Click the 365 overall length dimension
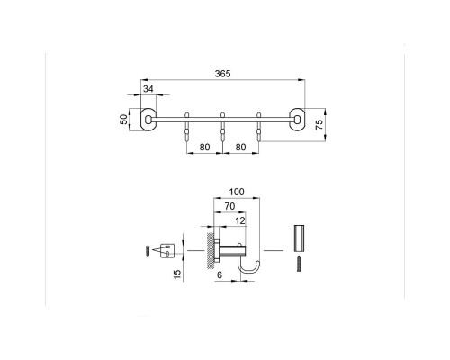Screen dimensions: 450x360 (x=222, y=74)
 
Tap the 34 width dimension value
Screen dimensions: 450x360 (x=148, y=89)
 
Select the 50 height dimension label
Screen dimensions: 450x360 (x=123, y=120)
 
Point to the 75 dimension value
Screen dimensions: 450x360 (x=320, y=124)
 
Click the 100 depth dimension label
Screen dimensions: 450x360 (x=237, y=192)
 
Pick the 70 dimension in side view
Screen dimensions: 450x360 (x=229, y=206)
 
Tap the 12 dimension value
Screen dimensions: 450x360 (x=240, y=221)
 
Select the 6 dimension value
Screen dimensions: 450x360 (x=220, y=274)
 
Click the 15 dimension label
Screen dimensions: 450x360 (x=177, y=274)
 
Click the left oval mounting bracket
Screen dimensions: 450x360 (x=148, y=120)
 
